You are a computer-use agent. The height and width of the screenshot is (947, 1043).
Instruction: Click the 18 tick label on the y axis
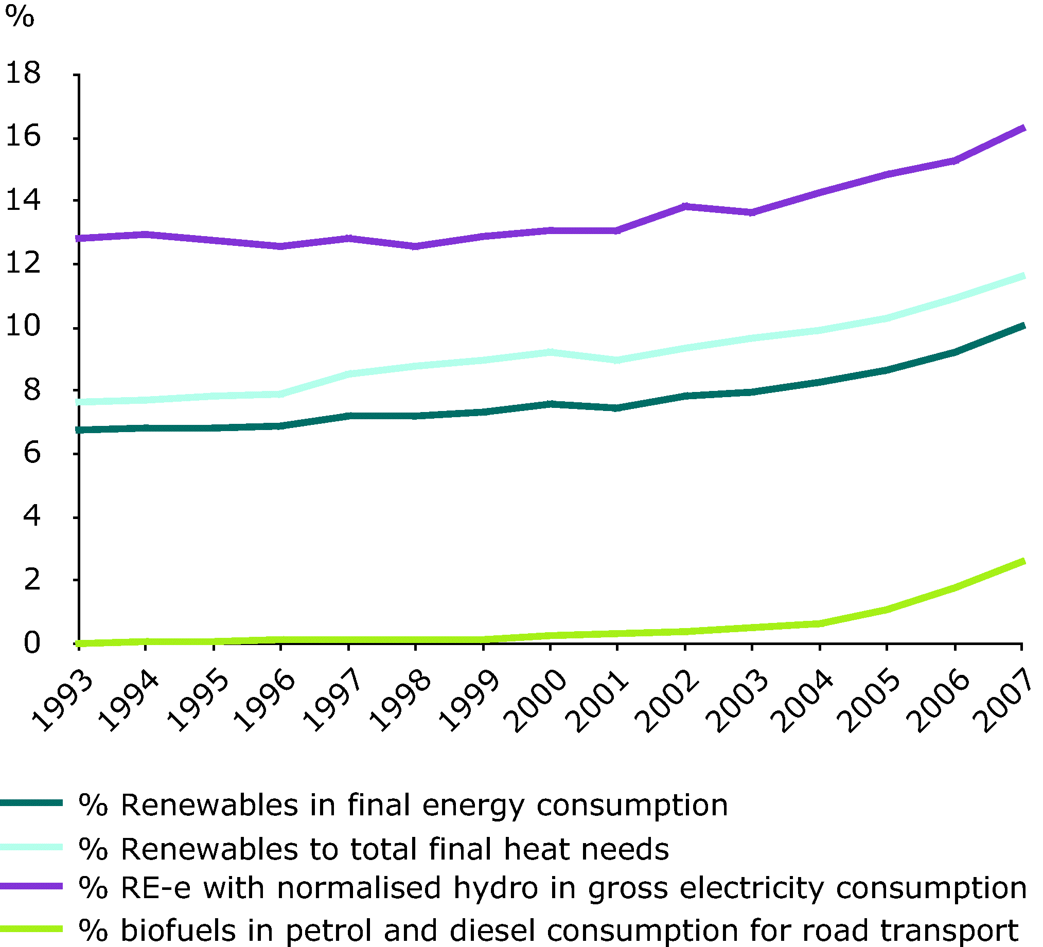click(x=23, y=73)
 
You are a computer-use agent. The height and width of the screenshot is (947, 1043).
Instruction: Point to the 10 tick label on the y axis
click(x=23, y=326)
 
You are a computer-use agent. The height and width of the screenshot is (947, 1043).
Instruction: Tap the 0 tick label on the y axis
click(x=31, y=644)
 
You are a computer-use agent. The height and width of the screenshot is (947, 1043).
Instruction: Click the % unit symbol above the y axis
click(x=20, y=16)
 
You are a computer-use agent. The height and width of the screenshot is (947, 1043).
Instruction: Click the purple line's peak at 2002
click(x=685, y=206)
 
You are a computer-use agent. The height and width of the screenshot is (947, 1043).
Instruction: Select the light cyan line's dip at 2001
click(x=617, y=360)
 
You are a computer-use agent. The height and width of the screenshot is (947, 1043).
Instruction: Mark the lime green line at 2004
click(x=820, y=624)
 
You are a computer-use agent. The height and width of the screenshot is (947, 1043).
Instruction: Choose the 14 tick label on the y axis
click(x=23, y=200)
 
